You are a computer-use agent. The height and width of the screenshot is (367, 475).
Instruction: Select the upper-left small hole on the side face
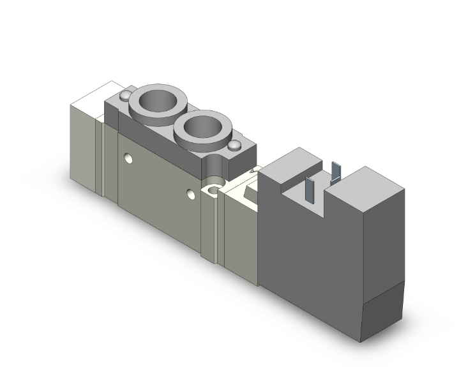point(130,155)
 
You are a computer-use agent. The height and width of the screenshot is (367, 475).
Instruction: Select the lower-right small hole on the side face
point(190,193)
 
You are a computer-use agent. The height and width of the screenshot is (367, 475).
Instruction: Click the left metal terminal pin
point(310,186)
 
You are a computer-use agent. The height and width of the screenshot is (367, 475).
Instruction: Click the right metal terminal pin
point(336,173)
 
